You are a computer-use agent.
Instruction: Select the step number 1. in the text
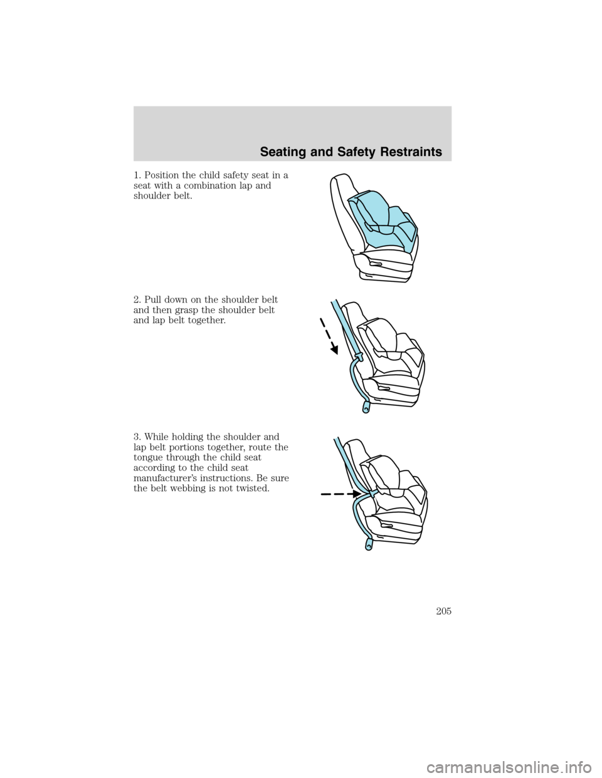pyautogui.click(x=137, y=175)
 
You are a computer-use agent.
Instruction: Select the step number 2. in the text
pyautogui.click(x=137, y=299)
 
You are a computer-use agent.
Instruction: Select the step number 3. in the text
pyautogui.click(x=137, y=437)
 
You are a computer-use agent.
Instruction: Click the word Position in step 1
pyautogui.click(x=163, y=175)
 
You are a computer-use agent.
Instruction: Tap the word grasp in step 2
pyautogui.click(x=189, y=309)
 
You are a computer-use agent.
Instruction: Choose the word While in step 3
pyautogui.click(x=157, y=437)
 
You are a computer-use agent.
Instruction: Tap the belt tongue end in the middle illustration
pyautogui.click(x=365, y=409)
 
